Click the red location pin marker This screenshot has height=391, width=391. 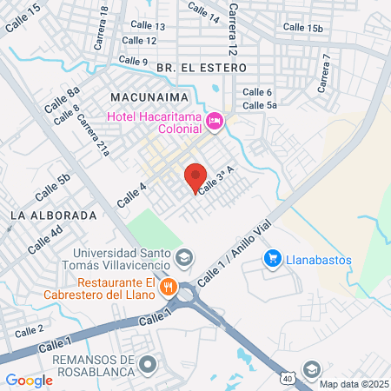click(x=195, y=177)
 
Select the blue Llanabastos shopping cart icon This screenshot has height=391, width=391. click(x=273, y=257)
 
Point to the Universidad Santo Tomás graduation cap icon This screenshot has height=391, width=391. click(x=184, y=257)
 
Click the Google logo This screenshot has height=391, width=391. click(x=30, y=380)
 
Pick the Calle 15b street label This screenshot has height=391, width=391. click(x=302, y=28)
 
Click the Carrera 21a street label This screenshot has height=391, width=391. click(x=93, y=137)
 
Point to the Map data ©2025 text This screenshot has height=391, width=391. click(x=353, y=384)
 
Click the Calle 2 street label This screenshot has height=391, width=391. click(x=30, y=330)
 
